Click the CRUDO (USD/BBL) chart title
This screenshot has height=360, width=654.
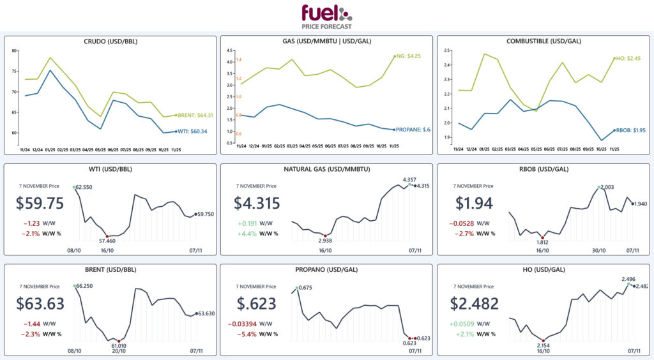point(110,41)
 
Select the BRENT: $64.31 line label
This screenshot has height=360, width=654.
point(195,116)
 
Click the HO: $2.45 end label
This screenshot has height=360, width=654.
point(627,59)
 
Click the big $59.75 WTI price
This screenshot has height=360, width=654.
point(40,204)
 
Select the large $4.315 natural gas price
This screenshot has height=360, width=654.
point(256,204)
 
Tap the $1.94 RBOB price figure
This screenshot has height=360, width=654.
point(473,204)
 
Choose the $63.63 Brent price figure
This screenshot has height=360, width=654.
point(40,304)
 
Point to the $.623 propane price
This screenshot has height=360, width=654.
point(256,304)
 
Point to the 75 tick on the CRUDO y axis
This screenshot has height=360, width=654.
point(16,71)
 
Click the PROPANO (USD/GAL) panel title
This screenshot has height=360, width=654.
point(326,269)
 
